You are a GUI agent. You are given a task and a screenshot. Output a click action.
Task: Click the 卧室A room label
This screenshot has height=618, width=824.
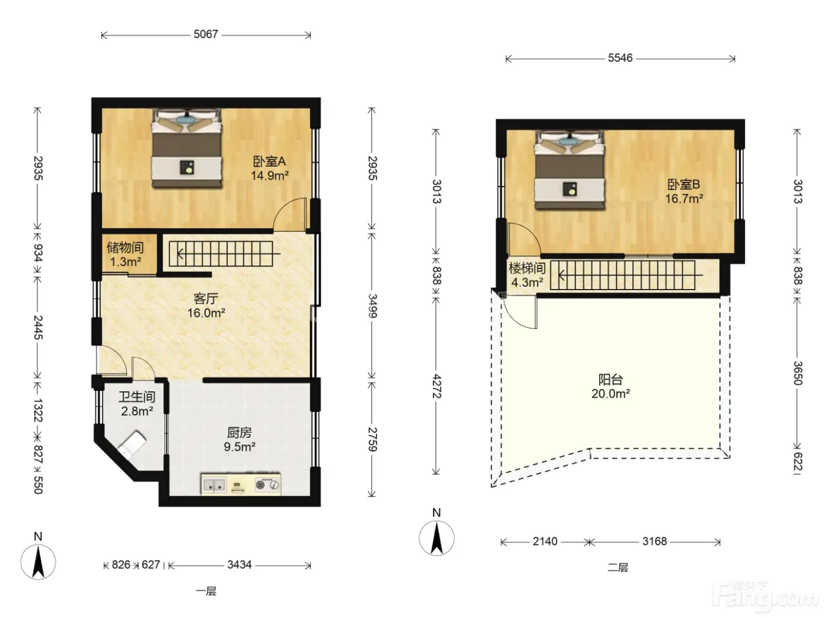(269, 162)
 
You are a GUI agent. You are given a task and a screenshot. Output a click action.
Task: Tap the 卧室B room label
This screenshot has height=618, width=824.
(683, 184)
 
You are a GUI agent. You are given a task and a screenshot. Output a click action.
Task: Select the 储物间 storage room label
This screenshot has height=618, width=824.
(125, 248)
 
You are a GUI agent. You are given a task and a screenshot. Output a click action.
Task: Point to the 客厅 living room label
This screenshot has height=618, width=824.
(206, 298)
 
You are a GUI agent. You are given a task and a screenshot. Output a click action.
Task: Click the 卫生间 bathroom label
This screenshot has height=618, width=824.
(137, 397)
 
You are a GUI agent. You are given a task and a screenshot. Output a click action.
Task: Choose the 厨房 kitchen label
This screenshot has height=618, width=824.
(239, 433)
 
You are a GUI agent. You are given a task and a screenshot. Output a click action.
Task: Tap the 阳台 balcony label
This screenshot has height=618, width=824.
(610, 380)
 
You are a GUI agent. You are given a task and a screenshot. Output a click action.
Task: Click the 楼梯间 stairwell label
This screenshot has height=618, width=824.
(527, 268)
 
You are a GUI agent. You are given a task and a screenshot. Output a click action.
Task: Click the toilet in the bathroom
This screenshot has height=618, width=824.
(131, 445)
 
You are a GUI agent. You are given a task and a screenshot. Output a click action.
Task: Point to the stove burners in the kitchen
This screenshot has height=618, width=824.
(267, 484)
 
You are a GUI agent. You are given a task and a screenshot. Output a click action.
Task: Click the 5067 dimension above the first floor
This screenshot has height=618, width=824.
(206, 35)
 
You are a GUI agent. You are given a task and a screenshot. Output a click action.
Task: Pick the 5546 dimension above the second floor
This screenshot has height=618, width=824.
(620, 58)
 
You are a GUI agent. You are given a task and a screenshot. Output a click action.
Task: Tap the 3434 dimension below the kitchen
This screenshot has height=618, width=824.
(239, 564)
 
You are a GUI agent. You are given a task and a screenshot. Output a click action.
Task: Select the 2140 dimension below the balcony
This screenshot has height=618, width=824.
(545, 541)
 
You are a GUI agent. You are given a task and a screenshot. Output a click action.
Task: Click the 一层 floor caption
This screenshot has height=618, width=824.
(206, 592)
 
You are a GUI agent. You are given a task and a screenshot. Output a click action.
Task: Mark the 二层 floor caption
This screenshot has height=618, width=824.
(617, 567)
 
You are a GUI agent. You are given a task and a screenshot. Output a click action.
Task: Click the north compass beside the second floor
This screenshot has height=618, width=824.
(436, 537)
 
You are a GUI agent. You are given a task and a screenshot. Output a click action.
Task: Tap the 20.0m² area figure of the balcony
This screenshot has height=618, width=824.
(610, 394)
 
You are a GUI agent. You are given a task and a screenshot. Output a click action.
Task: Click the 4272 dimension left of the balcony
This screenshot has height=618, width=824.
(436, 386)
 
